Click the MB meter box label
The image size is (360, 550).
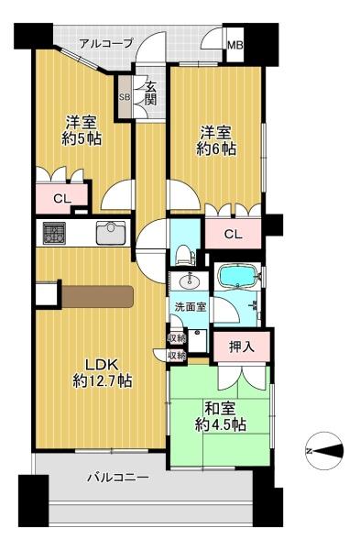[235, 45]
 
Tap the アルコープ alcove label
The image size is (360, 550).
[106, 44]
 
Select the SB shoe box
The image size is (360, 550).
[125, 97]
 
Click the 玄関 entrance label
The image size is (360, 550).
[150, 93]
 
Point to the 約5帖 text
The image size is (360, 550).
[82, 139]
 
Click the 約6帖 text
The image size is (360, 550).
[215, 149]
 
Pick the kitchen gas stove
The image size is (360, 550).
[54, 233]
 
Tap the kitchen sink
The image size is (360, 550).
[111, 233]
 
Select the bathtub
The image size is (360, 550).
[237, 276]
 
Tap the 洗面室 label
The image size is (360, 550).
[191, 306]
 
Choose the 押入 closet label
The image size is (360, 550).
[242, 346]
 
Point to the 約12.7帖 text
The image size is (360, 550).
[103, 380]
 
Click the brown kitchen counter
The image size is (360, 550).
[98, 297]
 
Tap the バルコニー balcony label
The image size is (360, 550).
[118, 478]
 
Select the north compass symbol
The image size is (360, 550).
[324, 451]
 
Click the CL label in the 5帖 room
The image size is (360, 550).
[62, 199]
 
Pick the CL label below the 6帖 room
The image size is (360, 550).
[233, 234]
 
